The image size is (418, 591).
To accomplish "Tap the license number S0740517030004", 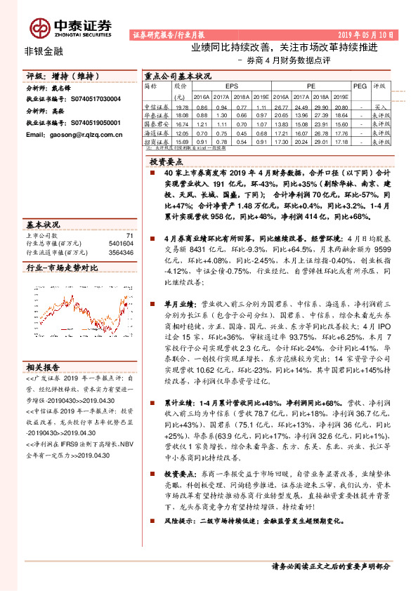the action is (89, 100).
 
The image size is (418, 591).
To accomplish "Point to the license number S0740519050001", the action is (89, 122).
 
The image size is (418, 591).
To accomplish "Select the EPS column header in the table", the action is (211, 86).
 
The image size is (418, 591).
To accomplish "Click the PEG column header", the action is (360, 86).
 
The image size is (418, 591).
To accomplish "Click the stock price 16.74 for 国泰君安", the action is (181, 123).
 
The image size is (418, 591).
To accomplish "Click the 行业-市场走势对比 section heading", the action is (62, 268).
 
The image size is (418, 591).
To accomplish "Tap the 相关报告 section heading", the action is (44, 367).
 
